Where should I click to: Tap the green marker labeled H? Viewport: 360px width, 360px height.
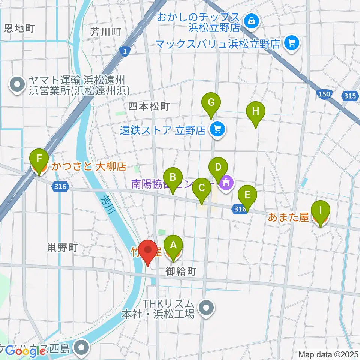coord(256,112)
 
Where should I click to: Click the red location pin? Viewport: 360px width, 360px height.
coord(148,250)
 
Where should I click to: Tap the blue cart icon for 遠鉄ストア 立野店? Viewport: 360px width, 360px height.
coord(217,130)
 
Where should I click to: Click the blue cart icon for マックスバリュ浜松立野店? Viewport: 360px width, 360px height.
coord(292,43)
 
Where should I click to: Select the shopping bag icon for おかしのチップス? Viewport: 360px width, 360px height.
coord(250,21)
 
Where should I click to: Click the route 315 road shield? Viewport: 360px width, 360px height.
coord(349,96)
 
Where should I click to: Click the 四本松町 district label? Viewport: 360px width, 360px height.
coord(149,107)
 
